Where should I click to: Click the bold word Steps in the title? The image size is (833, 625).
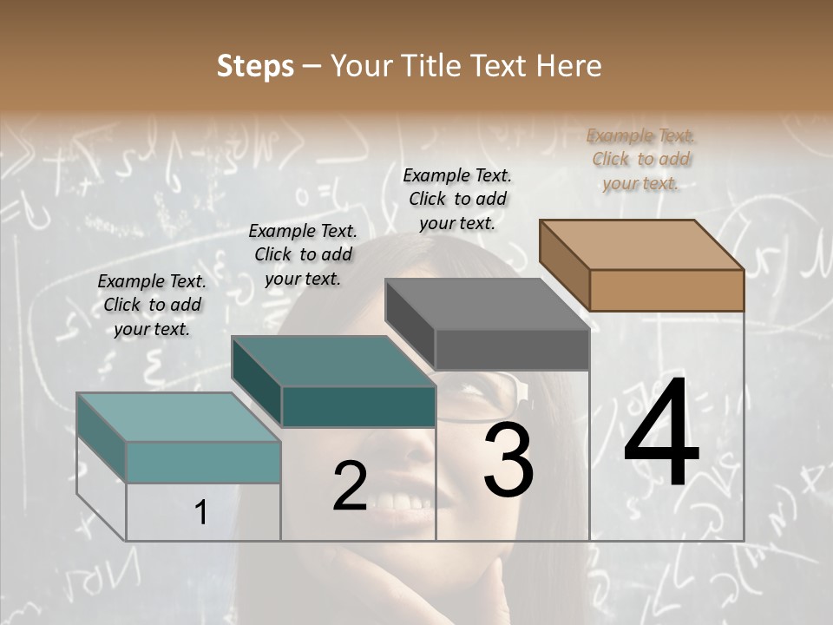pyautogui.click(x=255, y=66)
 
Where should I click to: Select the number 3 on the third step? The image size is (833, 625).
pyautogui.click(x=508, y=459)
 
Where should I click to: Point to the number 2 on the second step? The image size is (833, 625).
pyautogui.click(x=350, y=486)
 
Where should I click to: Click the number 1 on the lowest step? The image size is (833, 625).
pyautogui.click(x=200, y=512)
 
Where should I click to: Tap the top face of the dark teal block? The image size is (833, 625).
pyautogui.click(x=333, y=361)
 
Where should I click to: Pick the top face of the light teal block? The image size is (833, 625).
pyautogui.click(x=179, y=418)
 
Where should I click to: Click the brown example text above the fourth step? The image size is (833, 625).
pyautogui.click(x=641, y=159)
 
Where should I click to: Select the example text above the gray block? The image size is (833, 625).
pyautogui.click(x=457, y=199)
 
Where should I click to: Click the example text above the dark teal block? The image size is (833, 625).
pyautogui.click(x=303, y=254)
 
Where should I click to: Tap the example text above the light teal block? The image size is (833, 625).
pyautogui.click(x=152, y=305)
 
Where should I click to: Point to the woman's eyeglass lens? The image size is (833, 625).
pyautogui.click(x=482, y=395)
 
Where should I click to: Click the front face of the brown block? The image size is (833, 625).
pyautogui.click(x=666, y=290)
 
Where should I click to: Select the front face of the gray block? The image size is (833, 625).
pyautogui.click(x=512, y=350)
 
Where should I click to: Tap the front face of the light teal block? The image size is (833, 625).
pyautogui.click(x=203, y=462)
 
